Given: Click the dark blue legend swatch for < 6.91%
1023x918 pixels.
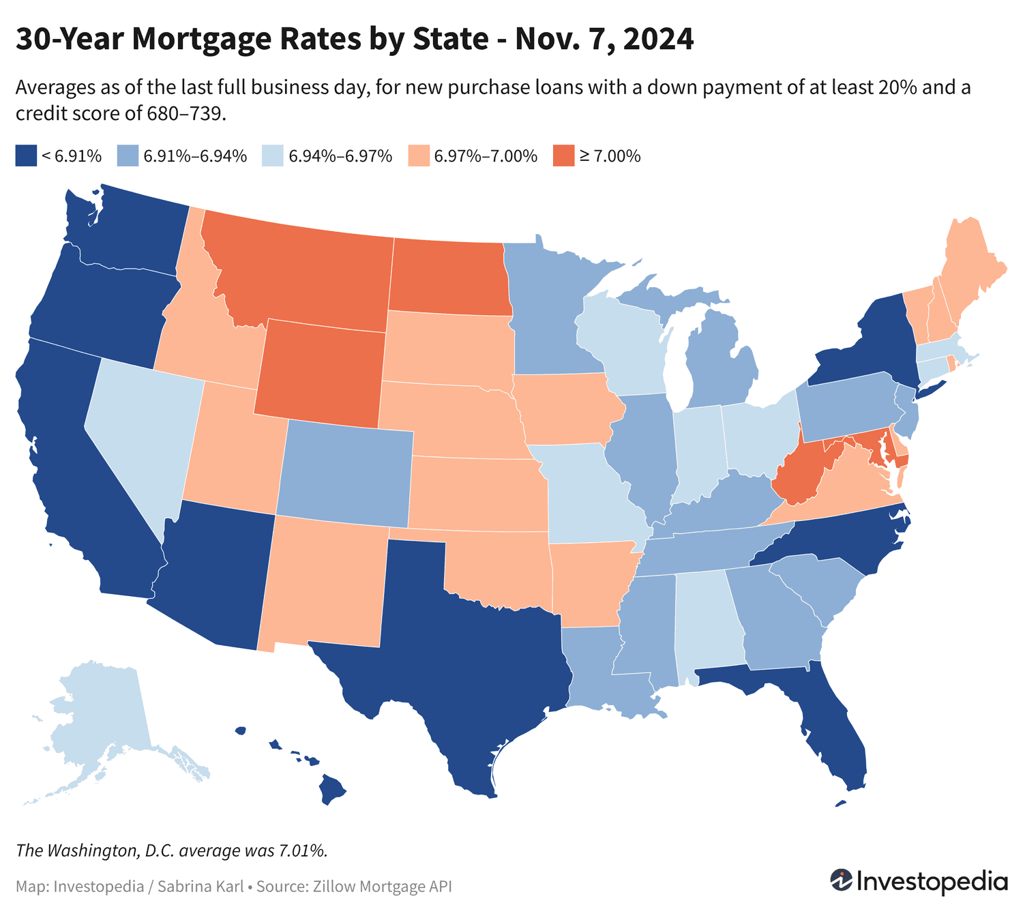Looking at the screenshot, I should coord(25,156).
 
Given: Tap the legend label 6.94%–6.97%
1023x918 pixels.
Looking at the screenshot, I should coord(340,156).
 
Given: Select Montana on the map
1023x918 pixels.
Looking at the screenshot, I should coord(300,273).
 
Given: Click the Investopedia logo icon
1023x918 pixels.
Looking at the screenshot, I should coord(841,880).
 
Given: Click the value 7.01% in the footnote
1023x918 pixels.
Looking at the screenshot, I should coord(303,850).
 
